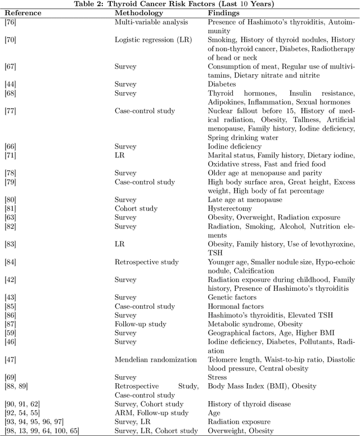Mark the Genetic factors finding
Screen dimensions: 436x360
pyautogui.click(x=232, y=297)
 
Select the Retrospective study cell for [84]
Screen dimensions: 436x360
pyautogui.click(x=146, y=262)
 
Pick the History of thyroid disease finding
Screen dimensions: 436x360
pyautogui.click(x=249, y=404)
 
